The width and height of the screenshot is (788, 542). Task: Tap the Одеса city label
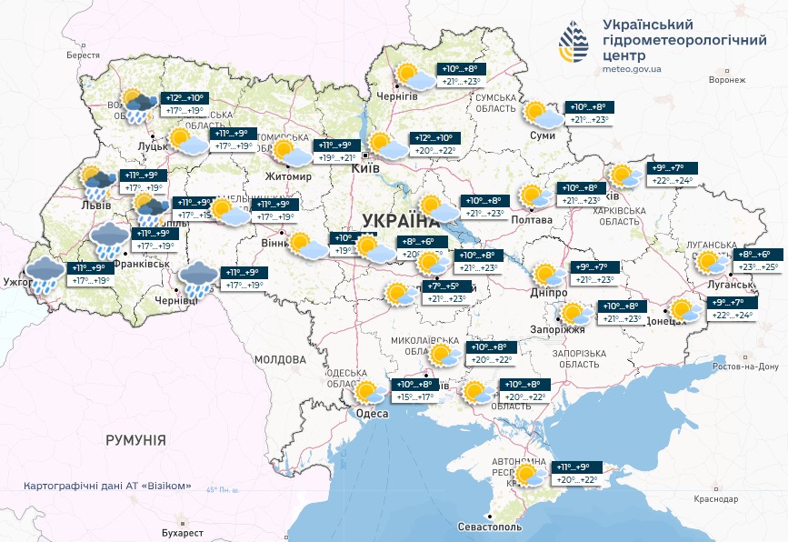(371, 414)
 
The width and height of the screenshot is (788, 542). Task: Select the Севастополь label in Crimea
(490, 527)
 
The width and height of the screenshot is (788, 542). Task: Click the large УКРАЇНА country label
(400, 221)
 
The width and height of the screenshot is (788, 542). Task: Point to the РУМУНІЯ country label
(135, 440)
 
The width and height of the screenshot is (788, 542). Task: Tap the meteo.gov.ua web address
(632, 68)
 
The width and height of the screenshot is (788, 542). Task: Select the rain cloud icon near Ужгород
(44, 274)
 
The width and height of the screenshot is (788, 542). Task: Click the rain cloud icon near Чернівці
(196, 277)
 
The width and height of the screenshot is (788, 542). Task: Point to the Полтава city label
(532, 220)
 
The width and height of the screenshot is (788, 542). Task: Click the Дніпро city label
(548, 293)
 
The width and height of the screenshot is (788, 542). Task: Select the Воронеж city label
(726, 80)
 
